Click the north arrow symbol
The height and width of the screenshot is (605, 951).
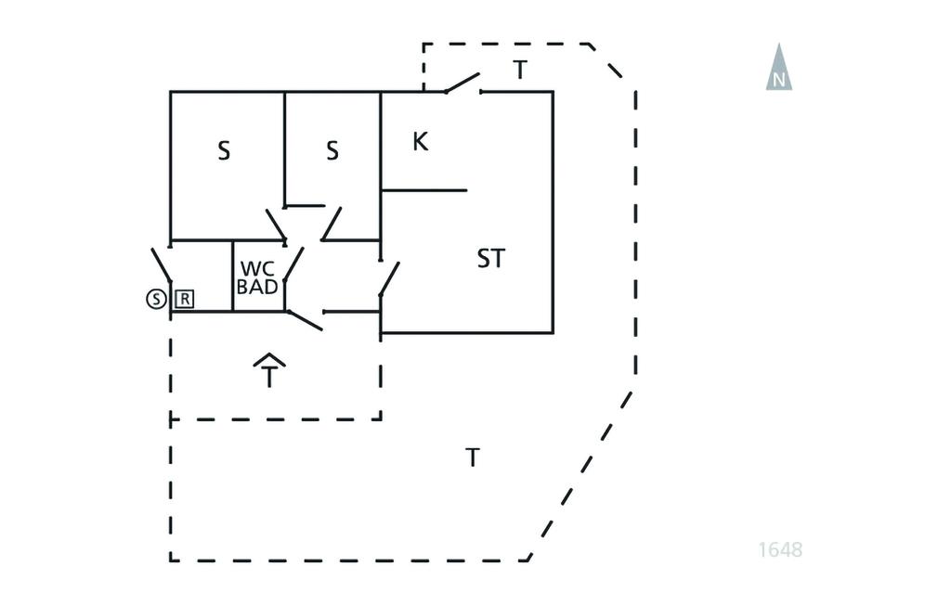[778, 70]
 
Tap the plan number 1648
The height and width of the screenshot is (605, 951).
[780, 549]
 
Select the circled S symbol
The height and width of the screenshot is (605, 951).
[156, 299]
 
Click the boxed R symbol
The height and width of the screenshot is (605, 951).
[185, 299]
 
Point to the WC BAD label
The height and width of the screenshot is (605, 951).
[257, 277]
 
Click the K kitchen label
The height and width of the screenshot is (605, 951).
[420, 142]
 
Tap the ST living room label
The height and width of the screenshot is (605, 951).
[491, 259]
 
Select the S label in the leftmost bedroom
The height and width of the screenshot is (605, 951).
[224, 151]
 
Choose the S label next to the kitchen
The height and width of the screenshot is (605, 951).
[332, 150]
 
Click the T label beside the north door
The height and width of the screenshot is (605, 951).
[520, 70]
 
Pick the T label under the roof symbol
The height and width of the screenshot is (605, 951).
[269, 378]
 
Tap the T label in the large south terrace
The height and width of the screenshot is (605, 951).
[473, 457]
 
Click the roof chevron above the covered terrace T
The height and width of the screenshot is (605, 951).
[269, 360]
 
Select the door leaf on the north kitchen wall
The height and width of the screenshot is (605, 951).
[462, 84]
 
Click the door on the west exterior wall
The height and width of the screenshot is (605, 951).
[162, 265]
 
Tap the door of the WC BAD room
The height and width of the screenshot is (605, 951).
[293, 264]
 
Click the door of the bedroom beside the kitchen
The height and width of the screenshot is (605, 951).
[332, 223]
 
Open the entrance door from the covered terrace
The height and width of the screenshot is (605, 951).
[305, 320]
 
